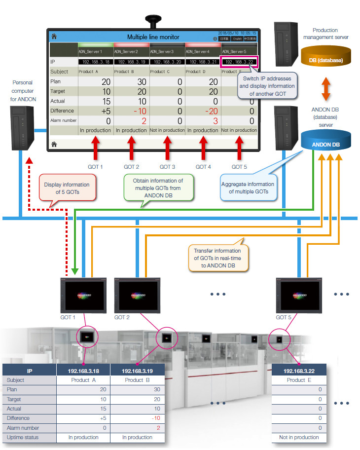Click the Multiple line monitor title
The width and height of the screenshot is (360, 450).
point(153,37)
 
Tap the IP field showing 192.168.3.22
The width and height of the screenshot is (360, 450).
point(240,62)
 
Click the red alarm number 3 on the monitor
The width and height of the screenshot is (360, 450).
point(202,120)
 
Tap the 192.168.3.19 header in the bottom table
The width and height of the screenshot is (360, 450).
point(137,371)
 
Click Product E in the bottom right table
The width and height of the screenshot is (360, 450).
point(296,380)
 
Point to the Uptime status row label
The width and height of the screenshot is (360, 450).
point(23,438)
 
